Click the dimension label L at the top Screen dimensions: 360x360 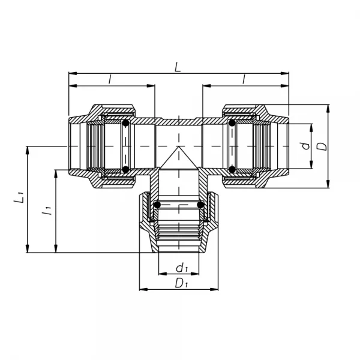click(178, 68)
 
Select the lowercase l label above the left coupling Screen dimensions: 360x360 click(110, 79)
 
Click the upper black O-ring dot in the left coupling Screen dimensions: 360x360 click(125, 124)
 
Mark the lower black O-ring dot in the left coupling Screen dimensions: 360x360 click(125, 169)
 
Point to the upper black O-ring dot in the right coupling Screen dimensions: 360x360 click(232, 124)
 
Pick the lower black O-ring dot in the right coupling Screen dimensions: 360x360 click(232, 169)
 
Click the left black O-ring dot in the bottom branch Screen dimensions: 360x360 click(157, 205)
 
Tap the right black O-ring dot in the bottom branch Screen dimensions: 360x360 click(202, 205)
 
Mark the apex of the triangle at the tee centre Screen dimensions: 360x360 click(178, 148)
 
